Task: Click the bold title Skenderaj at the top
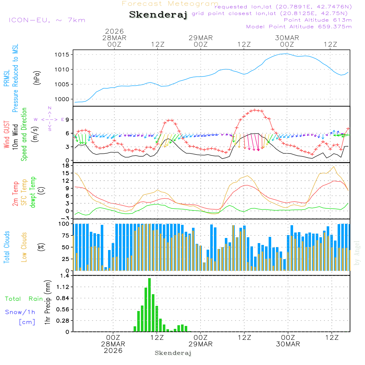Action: click(158, 15)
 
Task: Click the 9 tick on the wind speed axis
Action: click(68, 120)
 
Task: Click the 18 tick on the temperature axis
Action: click(66, 166)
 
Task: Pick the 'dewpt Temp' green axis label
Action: click(33, 192)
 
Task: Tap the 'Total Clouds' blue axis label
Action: click(7, 247)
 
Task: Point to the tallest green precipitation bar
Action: click(149, 305)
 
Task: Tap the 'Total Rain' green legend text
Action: click(24, 299)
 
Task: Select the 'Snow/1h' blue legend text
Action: click(20, 312)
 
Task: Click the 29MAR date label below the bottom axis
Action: click(201, 344)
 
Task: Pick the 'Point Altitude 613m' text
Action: click(318, 20)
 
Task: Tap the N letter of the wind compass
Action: click(50, 108)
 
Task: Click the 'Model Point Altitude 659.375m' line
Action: click(299, 27)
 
